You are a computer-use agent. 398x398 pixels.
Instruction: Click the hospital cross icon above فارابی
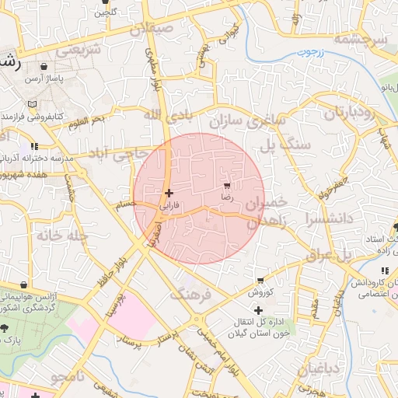(x=169, y=193)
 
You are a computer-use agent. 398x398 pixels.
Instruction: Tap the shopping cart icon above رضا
(x=226, y=186)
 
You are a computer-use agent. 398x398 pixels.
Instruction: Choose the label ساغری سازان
(x=247, y=121)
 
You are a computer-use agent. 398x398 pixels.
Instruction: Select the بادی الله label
(x=164, y=114)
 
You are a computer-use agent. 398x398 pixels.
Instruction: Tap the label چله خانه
(x=53, y=234)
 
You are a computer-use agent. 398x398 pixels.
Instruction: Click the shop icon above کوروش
(x=260, y=281)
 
